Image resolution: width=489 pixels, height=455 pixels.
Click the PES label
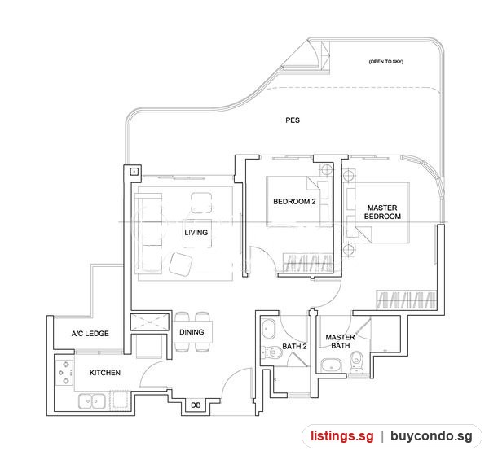tap(293, 120)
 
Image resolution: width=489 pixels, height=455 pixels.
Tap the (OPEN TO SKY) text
tap(386, 62)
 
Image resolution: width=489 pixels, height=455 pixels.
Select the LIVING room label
tap(196, 232)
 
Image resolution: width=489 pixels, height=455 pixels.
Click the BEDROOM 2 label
tap(294, 202)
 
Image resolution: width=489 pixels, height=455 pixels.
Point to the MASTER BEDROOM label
tap(382, 212)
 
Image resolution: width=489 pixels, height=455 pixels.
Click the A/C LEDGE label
tap(90, 334)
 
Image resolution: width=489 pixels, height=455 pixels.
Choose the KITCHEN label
tap(105, 373)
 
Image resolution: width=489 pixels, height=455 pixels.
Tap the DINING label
tap(192, 332)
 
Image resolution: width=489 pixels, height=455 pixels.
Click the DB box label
tap(196, 405)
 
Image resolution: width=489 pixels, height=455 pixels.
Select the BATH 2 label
tap(294, 346)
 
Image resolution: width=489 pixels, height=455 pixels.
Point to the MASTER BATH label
tap(340, 341)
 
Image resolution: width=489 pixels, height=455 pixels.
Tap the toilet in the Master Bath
tap(356, 361)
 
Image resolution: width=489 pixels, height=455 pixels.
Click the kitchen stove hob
tap(64, 373)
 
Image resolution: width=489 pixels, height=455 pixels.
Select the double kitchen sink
tap(91, 401)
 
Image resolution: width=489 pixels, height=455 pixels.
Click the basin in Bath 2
tap(268, 329)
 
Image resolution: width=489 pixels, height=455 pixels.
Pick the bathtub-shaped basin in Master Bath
tap(332, 365)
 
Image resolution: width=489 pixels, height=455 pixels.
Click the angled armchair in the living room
tap(181, 265)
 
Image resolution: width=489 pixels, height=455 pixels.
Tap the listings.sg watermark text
tap(341, 435)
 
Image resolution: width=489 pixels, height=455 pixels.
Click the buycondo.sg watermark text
tap(431, 435)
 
